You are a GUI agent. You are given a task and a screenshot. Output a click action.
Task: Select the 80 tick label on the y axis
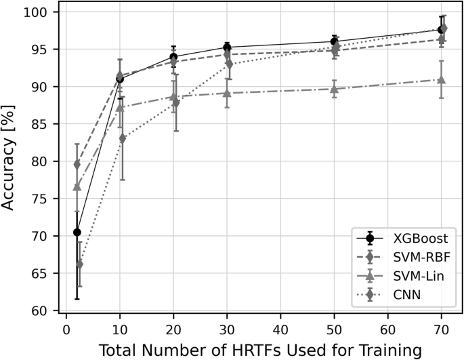pyautogui.click(x=41, y=161)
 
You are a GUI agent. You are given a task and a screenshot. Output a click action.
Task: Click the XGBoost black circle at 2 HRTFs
pyautogui.click(x=77, y=232)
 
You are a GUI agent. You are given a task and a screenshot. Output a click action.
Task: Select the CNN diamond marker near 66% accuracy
pyautogui.click(x=79, y=264)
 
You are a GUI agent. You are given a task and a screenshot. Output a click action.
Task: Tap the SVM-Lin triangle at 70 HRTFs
pyautogui.click(x=442, y=79)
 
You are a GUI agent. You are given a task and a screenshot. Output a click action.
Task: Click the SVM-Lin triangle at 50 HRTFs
pyautogui.click(x=334, y=89)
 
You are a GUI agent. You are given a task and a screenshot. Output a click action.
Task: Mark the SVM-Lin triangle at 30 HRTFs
pyautogui.click(x=227, y=93)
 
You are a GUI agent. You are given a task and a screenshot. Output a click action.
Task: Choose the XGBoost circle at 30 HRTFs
pyautogui.click(x=227, y=47)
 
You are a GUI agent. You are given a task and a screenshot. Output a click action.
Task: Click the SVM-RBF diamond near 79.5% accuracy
pyautogui.click(x=77, y=165)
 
